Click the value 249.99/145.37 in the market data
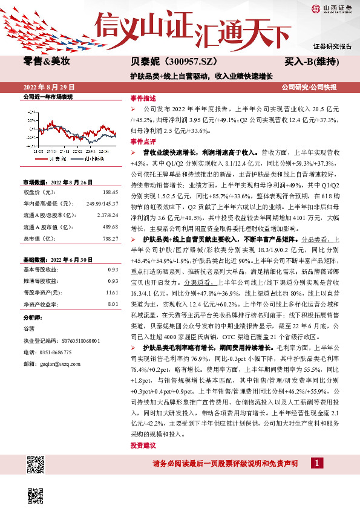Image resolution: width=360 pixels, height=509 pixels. (102, 203)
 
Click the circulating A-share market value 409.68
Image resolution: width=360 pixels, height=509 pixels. (110, 227)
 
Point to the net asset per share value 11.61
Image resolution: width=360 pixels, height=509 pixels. (111, 292)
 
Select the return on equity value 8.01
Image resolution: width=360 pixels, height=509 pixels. (113, 304)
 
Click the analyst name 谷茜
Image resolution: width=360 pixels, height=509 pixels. (29, 328)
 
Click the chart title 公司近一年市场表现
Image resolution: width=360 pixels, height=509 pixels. (48, 97)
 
